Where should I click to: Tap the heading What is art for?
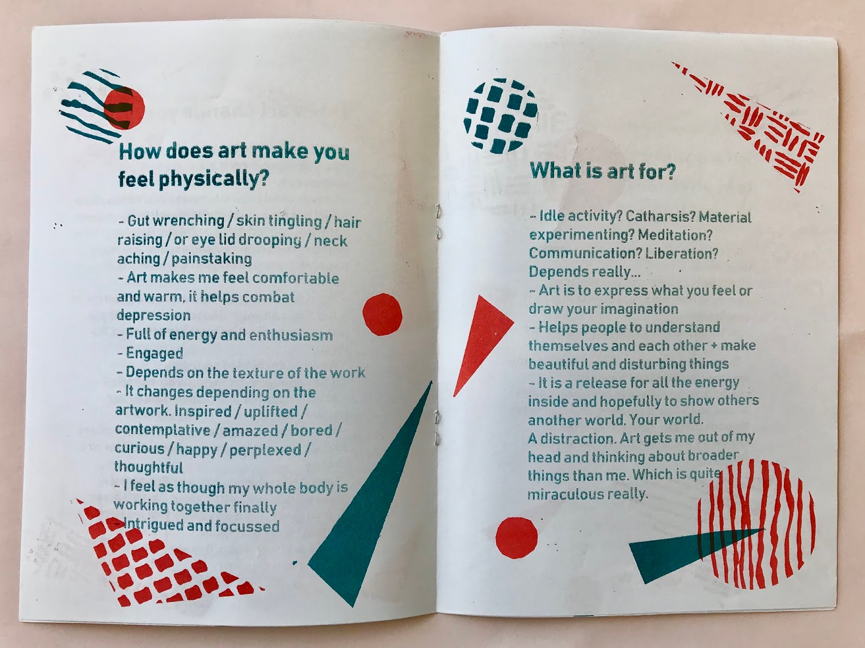tap(603, 171)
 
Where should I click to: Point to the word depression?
tap(154, 315)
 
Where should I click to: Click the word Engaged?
tap(155, 354)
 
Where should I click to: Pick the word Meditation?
tap(675, 235)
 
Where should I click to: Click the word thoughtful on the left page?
tap(149, 467)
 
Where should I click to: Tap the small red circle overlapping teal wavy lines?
tap(124, 108)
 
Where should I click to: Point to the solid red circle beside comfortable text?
tap(382, 315)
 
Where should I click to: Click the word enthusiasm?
tap(291, 335)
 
